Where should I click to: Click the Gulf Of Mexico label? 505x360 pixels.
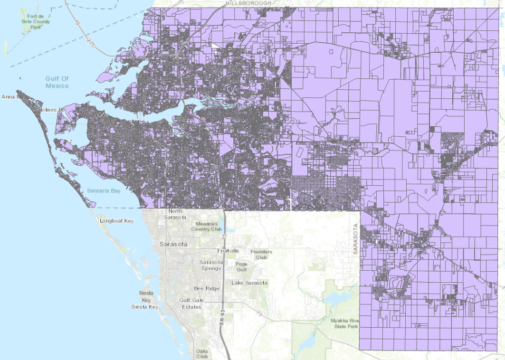[57, 82]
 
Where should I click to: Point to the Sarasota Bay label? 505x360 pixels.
[104, 190]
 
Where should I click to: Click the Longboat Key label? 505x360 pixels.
[117, 221]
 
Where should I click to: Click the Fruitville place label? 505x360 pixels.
[228, 251]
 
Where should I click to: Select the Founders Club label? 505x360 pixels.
[262, 255]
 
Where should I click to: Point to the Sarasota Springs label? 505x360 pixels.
[210, 265]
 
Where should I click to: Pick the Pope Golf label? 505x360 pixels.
[241, 267]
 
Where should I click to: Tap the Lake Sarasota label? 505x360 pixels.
[249, 283]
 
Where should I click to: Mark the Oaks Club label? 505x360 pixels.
[202, 354]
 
